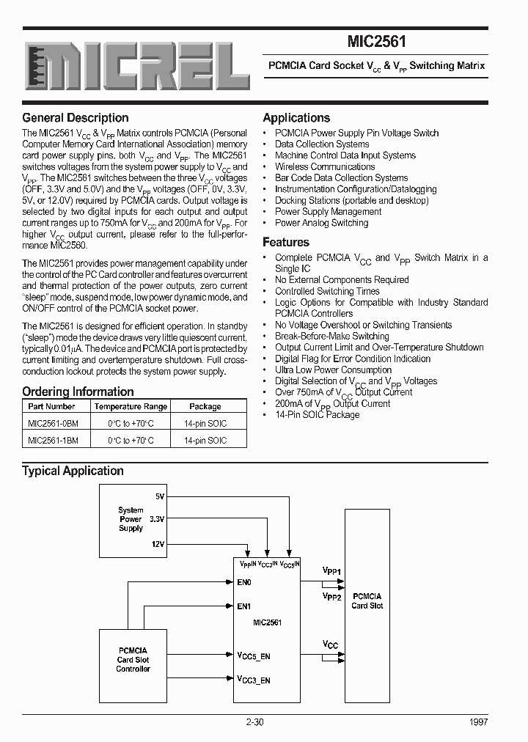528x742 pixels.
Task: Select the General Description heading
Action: [x=76, y=118]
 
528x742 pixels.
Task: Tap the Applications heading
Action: [x=296, y=118]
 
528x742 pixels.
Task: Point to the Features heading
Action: [x=286, y=242]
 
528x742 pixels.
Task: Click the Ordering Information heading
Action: [x=78, y=392]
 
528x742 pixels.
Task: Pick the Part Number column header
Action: [x=51, y=406]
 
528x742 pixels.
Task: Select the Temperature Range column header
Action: [x=131, y=406]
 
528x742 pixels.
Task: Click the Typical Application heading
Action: [x=73, y=471]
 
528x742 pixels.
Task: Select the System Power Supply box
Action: [x=131, y=518]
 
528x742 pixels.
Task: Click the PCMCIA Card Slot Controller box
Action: [x=133, y=660]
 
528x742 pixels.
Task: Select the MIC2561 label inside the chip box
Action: [x=267, y=622]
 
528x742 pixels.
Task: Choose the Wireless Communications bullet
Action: [x=325, y=166]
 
